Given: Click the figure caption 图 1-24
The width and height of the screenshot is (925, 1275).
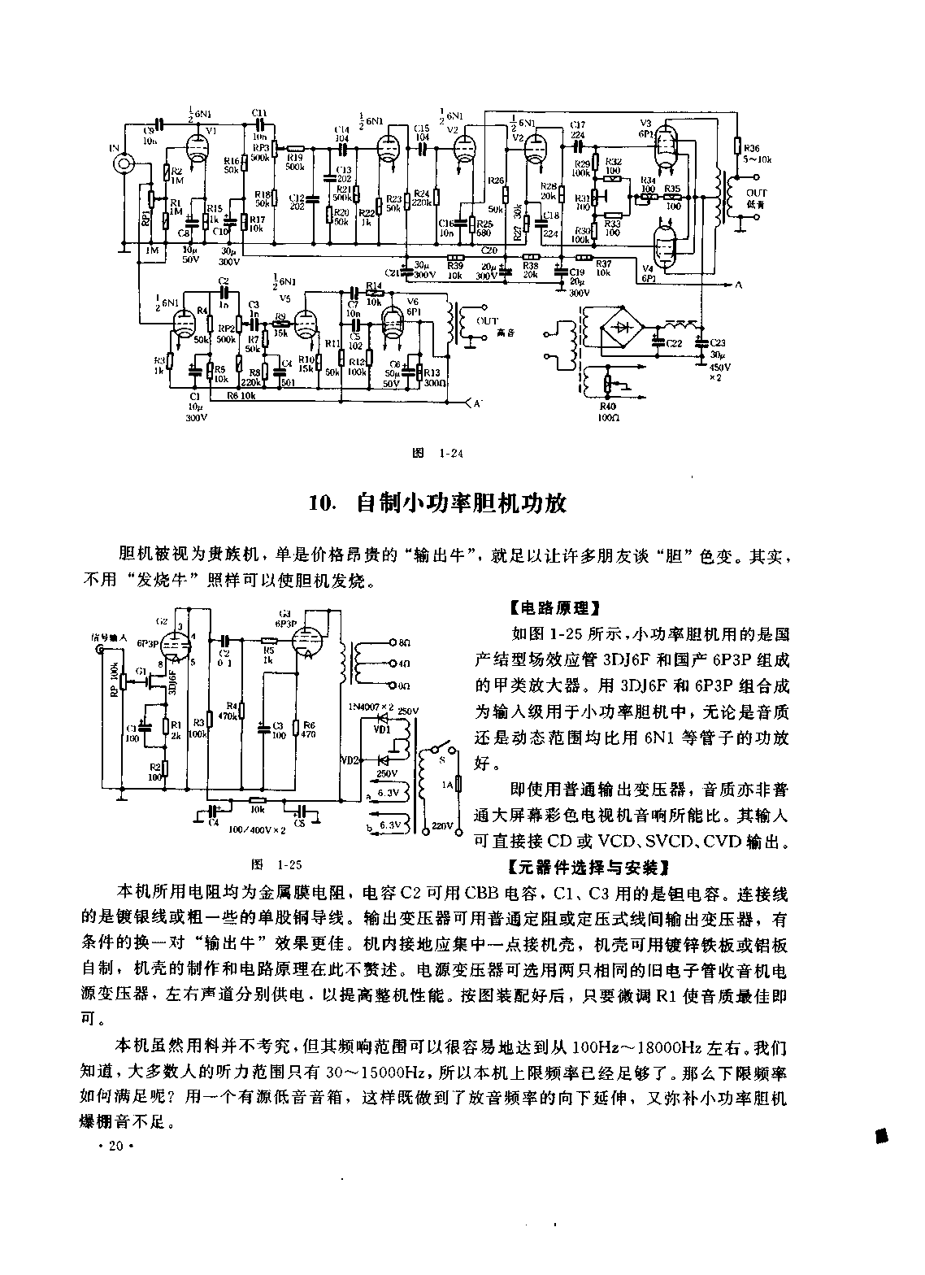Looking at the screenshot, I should [x=438, y=454].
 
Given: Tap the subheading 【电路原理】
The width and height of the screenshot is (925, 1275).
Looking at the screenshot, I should [x=552, y=607].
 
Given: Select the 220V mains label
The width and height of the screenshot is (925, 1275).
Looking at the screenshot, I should [x=442, y=826].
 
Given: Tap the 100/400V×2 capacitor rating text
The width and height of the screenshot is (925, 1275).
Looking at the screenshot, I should [x=258, y=829].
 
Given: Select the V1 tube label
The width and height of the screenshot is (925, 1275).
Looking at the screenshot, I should [x=211, y=130].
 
